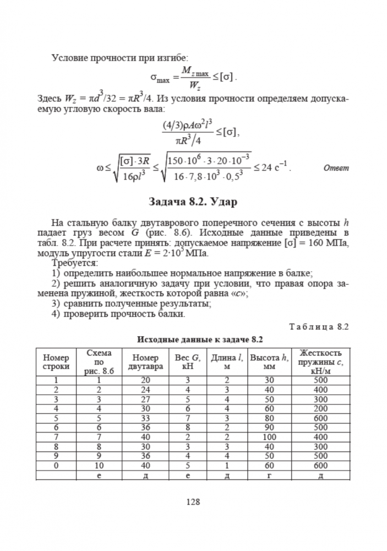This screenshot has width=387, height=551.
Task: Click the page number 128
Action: click(x=193, y=502)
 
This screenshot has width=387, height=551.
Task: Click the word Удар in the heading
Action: click(x=222, y=202)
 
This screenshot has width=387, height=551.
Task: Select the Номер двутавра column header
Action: click(x=145, y=361)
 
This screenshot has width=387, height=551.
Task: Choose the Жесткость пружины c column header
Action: click(x=320, y=361)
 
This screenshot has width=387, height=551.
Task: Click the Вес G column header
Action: click(x=187, y=361)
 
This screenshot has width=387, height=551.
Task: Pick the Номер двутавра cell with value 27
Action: click(x=145, y=399)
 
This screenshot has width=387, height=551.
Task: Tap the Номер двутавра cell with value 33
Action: click(x=145, y=418)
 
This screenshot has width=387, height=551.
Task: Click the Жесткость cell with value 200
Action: click(x=320, y=408)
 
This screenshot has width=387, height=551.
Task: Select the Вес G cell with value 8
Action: click(x=187, y=428)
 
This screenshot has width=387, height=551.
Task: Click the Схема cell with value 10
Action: click(x=99, y=466)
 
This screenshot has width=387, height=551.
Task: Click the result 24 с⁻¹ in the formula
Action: click(x=273, y=168)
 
